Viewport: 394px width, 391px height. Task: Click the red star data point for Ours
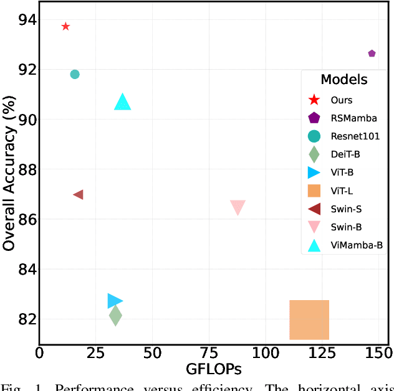(65, 26)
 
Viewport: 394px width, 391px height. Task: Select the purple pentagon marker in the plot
(372, 54)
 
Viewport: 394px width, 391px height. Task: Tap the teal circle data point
(75, 74)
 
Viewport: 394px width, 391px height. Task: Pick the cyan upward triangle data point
(123, 102)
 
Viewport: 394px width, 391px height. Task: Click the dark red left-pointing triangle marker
(79, 195)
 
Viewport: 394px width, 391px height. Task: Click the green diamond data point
(115, 316)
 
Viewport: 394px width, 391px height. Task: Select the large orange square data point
(309, 319)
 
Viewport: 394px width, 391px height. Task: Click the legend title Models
(344, 80)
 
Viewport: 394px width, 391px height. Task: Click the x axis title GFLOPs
(213, 369)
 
